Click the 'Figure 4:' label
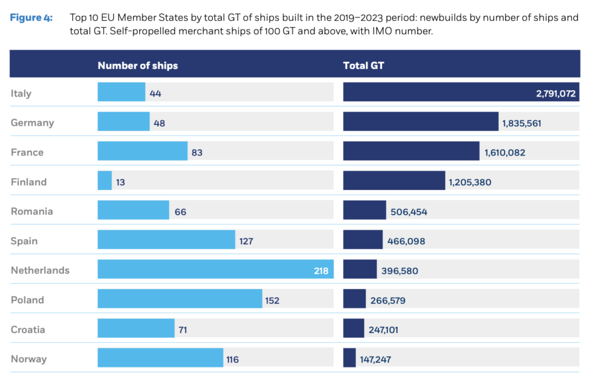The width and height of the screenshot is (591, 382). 31,18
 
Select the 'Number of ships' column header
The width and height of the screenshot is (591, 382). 137,65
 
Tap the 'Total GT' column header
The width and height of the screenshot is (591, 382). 363,65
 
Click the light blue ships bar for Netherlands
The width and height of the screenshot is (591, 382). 208,270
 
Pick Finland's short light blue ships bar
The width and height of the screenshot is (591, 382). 104,181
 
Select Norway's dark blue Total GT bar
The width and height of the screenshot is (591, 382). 349,359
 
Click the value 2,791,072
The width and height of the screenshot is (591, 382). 555,93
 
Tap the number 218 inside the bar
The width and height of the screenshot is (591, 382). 321,270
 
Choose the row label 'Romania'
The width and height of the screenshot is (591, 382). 32,211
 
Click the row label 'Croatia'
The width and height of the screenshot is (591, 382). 28,329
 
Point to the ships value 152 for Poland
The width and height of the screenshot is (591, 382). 272,300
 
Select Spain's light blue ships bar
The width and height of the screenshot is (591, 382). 166,240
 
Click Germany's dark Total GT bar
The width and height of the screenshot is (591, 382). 420,122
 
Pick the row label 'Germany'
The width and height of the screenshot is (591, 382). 32,123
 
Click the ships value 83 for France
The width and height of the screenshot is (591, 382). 197,153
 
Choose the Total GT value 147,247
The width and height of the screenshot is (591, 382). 375,359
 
